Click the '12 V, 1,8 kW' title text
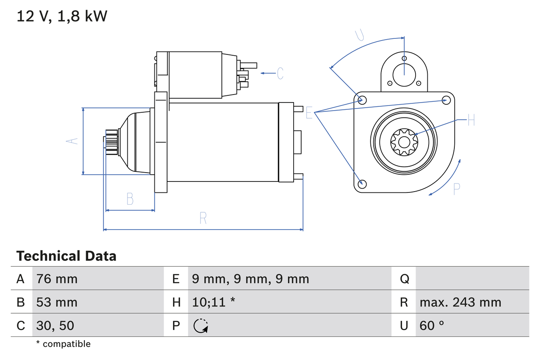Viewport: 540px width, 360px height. click(62, 16)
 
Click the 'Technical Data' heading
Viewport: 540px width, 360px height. click(66, 256)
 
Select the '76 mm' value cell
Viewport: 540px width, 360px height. click(57, 279)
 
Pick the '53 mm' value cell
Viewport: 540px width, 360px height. click(57, 302)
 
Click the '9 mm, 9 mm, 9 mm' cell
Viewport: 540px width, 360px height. click(250, 279)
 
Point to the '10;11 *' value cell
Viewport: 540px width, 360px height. click(213, 302)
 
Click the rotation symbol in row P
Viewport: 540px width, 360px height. click(200, 326)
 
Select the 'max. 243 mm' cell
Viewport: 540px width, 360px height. click(460, 302)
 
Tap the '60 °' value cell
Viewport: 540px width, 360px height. click(432, 325)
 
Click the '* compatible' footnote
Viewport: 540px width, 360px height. click(63, 344)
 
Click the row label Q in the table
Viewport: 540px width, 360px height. click(404, 279)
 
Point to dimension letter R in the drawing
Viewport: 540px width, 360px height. click(203, 218)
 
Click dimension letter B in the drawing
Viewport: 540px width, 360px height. click(130, 199)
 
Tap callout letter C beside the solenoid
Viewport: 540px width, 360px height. click(280, 73)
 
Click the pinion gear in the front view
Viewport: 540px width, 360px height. click(404, 141)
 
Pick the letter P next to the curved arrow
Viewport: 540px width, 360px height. click(456, 189)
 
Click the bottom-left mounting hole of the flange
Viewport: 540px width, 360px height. click(362, 184)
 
